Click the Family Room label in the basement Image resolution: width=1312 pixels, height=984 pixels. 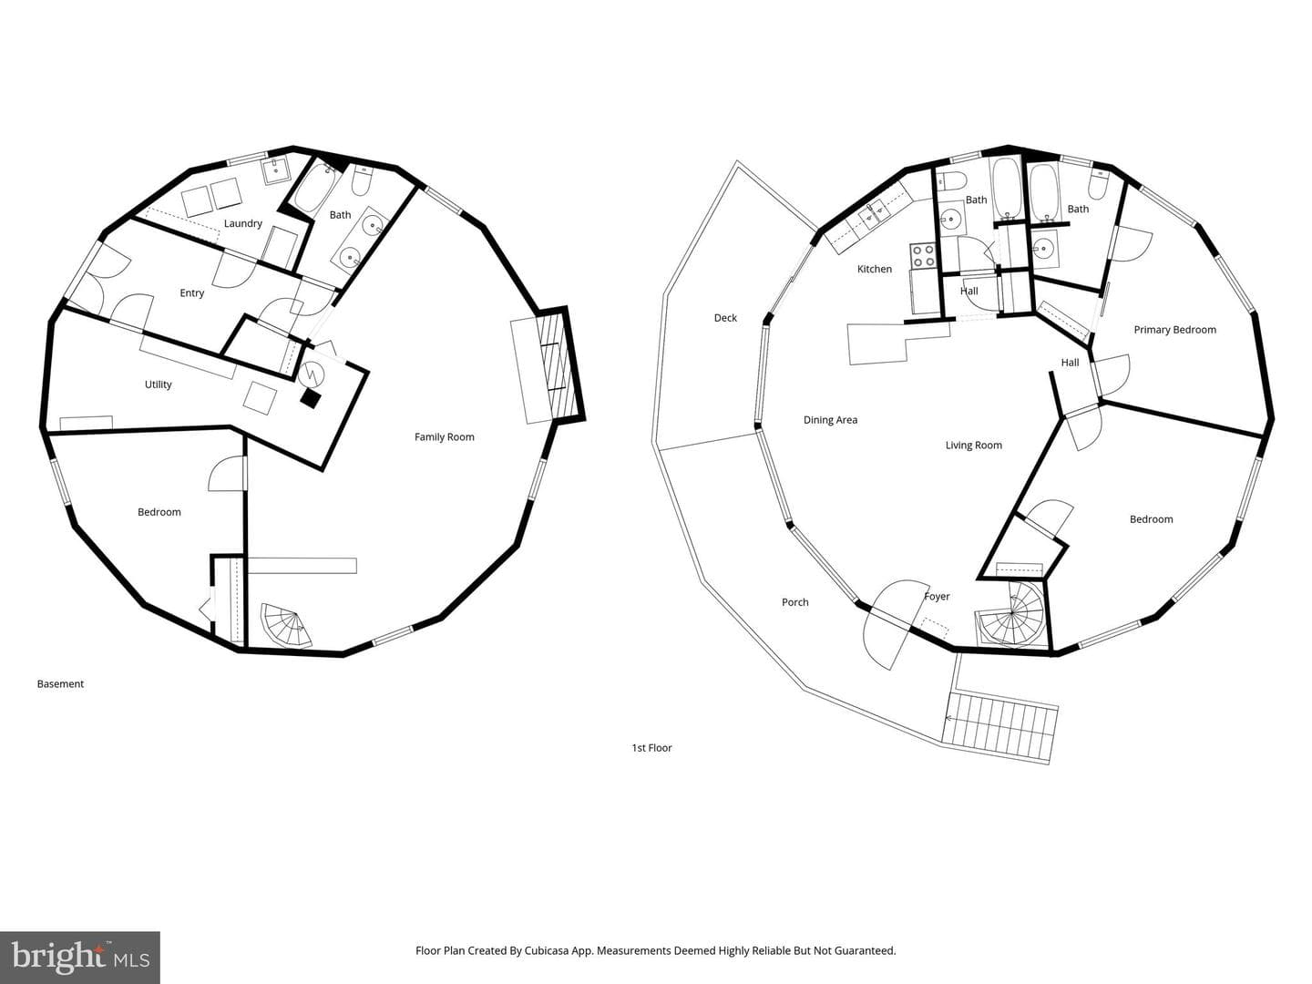click(x=444, y=436)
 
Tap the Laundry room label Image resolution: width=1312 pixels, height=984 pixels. click(x=242, y=223)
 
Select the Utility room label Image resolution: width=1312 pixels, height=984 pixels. click(x=158, y=384)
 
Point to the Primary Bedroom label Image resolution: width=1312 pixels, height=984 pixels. click(x=1174, y=330)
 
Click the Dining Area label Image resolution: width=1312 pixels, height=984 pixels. click(x=830, y=420)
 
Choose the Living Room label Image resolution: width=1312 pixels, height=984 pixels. click(x=974, y=446)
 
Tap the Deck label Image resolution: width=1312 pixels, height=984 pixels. click(x=725, y=318)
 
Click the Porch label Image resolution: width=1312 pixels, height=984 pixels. click(x=795, y=602)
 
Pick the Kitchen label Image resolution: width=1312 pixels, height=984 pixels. click(x=875, y=269)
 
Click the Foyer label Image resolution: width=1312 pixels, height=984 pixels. click(x=937, y=596)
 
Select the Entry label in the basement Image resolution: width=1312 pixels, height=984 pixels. click(x=192, y=292)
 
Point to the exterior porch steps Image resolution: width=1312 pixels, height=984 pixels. click(x=1000, y=727)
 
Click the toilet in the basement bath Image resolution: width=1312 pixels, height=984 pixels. click(x=362, y=180)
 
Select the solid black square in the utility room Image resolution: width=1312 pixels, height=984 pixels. click(x=310, y=398)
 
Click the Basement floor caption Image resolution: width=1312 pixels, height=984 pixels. click(x=60, y=683)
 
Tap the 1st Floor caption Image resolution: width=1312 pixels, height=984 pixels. click(x=651, y=747)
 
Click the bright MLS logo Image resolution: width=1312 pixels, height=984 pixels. click(x=79, y=958)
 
